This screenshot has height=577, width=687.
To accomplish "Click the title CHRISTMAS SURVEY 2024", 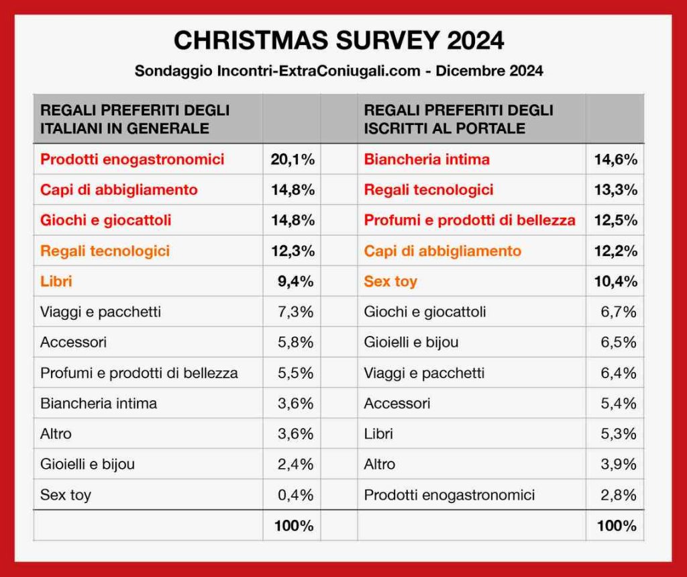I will pos(339,40).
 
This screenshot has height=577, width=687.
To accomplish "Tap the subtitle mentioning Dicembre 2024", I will pos(339,71).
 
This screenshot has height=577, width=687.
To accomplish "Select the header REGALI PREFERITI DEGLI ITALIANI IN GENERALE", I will pos(135,119).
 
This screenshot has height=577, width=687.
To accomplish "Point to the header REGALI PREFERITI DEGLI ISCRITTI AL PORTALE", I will pos(458,119).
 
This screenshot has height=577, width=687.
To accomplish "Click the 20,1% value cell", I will pos(293,159).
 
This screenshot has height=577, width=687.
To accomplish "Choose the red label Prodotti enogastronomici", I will pos(132,159).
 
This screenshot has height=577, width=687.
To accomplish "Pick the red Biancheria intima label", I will pos(427,159).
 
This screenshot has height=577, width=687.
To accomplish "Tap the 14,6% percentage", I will pos(616,159).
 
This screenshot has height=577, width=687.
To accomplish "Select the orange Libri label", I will pos(56,281).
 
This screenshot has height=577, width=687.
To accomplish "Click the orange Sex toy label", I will pos(390,281).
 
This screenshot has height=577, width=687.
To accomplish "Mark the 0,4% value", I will pos(296,495).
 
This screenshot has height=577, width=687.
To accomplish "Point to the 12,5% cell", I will pos(616,220).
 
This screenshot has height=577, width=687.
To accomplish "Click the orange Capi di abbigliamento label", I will pos(443,251).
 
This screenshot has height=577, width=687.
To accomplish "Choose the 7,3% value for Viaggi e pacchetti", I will pos(296,312).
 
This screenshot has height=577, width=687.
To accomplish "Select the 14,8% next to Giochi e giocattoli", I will pos(293,220).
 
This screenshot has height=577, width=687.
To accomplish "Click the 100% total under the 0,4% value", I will pos(294,526).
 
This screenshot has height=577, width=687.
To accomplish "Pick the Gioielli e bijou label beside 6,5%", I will pos(411,343).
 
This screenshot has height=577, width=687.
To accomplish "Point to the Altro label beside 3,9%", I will pos(380,464).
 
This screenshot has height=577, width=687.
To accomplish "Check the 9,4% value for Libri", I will pos(296,281).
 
